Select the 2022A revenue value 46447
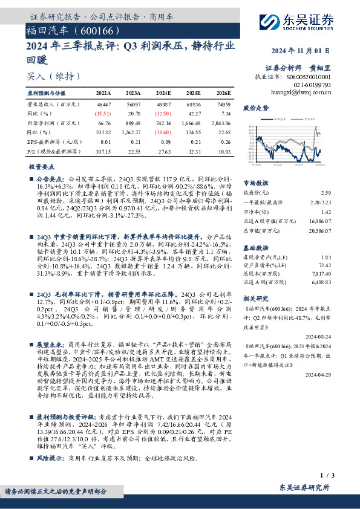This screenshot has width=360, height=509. pyautogui.click(x=103, y=105)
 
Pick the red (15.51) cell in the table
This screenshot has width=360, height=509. pyautogui.click(x=103, y=113)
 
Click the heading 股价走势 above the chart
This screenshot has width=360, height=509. pyautogui.click(x=256, y=108)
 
